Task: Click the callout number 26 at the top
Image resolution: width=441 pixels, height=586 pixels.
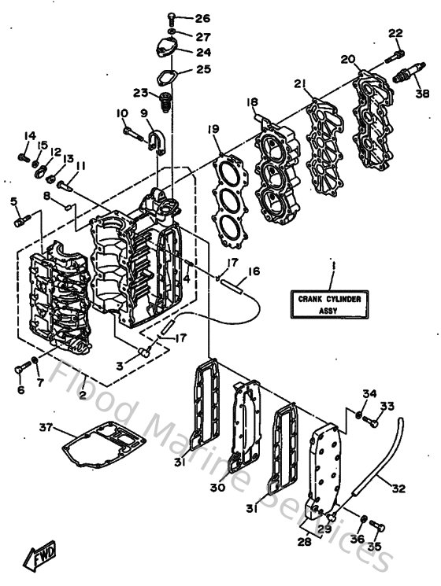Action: (x=202, y=18)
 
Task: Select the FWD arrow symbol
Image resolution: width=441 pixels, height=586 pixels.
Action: (x=37, y=557)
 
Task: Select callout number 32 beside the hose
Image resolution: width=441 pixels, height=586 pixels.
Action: (x=398, y=488)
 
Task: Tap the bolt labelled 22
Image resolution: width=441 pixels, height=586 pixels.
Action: (x=395, y=54)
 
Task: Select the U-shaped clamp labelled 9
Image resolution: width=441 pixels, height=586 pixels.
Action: (x=153, y=139)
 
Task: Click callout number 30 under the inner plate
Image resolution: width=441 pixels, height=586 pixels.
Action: (x=217, y=488)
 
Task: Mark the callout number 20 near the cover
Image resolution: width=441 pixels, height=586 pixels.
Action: (x=347, y=61)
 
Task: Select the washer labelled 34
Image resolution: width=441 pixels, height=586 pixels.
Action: (x=358, y=415)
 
